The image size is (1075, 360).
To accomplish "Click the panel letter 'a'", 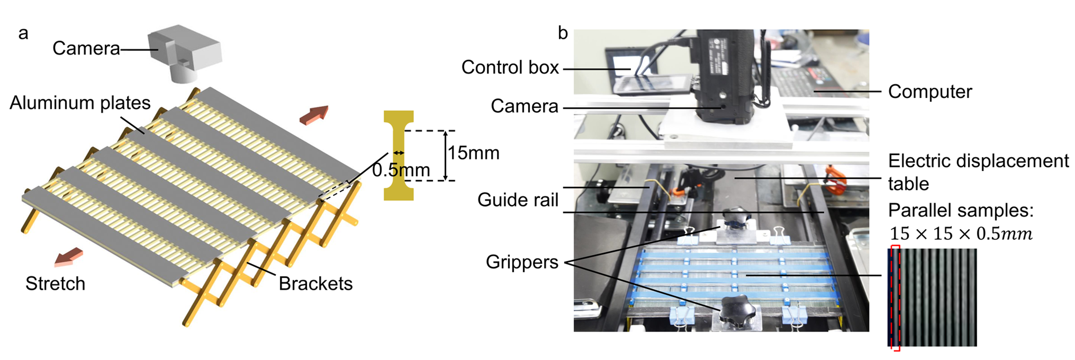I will coord(23,33).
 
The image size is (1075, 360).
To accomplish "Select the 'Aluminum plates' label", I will coord(80,103).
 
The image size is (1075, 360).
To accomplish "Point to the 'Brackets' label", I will coord(315,284).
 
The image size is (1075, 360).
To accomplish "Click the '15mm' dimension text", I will coord(474,153).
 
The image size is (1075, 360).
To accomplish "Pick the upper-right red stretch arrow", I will coord(314,115).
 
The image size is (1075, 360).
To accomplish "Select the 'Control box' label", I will coord(510,67).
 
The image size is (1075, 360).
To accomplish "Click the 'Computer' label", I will coord(930,92).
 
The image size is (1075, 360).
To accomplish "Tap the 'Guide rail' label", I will coord(518,200).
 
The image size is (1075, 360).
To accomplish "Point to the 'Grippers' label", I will coord(522,262).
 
